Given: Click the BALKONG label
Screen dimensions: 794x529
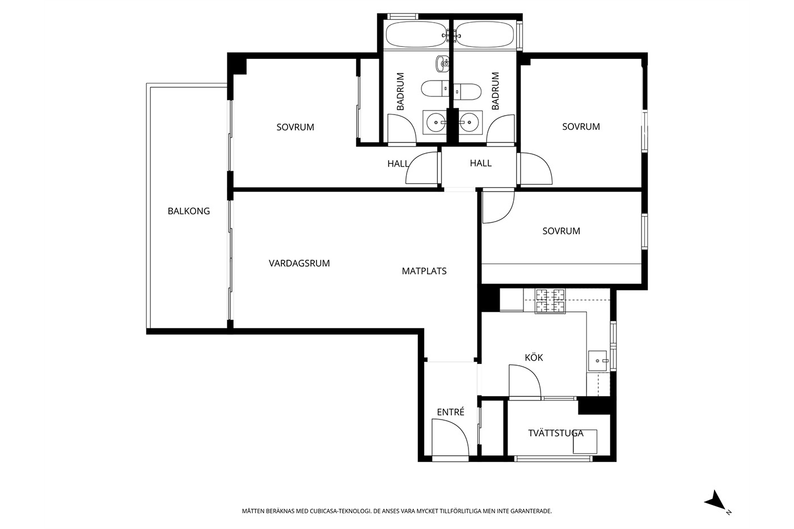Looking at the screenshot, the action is click(x=188, y=211).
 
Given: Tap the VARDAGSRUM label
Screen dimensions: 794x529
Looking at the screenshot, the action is click(x=299, y=263).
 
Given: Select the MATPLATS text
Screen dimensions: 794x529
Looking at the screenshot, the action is click(x=424, y=271).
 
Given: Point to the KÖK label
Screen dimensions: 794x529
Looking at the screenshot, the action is click(x=534, y=357).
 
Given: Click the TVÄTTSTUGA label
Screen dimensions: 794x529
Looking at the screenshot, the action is click(x=555, y=433).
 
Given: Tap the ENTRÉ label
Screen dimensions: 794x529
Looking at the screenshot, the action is click(x=450, y=412).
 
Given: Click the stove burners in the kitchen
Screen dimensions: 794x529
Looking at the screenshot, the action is click(x=550, y=301).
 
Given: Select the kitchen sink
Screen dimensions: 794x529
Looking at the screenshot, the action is click(x=598, y=361).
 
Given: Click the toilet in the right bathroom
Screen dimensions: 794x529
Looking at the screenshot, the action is click(x=467, y=92).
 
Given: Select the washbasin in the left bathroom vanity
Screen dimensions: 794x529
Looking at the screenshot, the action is click(x=436, y=122).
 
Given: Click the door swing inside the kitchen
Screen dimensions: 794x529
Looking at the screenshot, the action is click(x=525, y=380).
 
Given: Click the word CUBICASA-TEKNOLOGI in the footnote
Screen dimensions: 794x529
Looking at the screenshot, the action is click(x=340, y=511).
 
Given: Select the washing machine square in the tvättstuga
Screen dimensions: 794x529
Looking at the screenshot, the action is click(x=585, y=442).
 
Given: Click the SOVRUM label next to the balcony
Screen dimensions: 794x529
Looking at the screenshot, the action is click(x=295, y=127).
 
